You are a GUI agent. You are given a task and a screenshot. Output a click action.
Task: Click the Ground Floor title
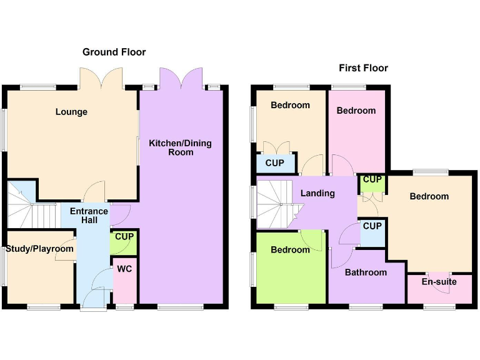click(114, 52)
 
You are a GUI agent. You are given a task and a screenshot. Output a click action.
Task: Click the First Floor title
click(363, 67)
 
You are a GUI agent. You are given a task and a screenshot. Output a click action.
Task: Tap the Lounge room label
click(71, 112)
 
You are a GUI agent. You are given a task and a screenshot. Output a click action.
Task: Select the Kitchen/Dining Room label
click(180, 147)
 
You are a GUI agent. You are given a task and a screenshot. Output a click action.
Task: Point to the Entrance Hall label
click(89, 216)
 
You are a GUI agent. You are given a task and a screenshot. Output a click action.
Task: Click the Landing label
click(317, 193)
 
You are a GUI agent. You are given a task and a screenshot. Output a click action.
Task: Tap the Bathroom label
click(366, 272)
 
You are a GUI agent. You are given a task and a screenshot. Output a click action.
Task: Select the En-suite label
click(439, 282)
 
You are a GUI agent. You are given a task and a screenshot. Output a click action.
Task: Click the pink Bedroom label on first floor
click(356, 111)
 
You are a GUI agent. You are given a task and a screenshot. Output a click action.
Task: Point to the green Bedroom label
click(290, 250)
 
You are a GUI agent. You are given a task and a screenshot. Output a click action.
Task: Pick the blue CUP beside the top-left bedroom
click(275, 163)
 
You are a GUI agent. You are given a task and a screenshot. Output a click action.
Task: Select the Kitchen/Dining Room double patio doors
click(180, 79)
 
